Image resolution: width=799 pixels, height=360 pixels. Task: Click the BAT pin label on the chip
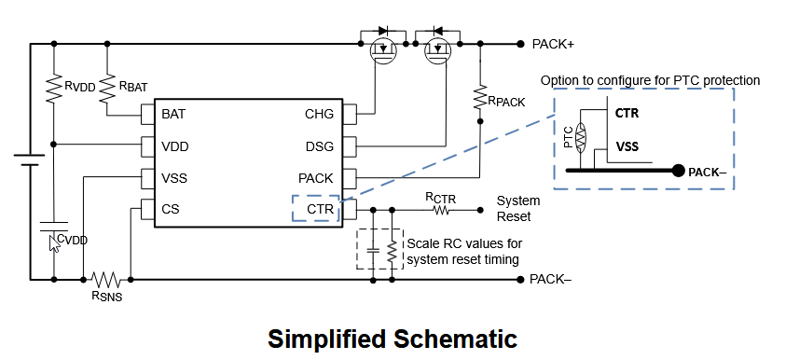173,114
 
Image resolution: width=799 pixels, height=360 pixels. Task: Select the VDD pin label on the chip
174,146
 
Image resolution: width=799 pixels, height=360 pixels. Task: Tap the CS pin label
171,209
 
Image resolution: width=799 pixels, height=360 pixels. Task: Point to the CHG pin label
320,114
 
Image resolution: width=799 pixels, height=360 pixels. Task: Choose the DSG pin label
320,146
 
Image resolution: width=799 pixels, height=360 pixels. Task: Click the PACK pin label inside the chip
316,178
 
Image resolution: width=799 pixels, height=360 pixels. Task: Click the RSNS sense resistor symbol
106,280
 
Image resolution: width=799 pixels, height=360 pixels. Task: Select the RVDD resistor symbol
53,89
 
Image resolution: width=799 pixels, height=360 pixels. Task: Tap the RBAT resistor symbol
107,89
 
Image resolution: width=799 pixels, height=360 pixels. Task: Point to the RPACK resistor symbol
479,97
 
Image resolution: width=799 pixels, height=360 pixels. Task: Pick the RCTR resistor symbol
441,210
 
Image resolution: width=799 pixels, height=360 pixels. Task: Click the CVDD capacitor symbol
53,227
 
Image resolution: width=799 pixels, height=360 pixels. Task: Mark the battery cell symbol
30,159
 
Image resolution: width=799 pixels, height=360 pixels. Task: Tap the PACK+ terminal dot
519,45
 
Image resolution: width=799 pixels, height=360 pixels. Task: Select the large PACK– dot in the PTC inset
678,171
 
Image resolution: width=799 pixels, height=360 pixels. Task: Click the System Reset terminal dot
479,210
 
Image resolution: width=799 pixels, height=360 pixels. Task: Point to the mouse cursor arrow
53,243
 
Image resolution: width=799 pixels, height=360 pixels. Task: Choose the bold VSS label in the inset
627,146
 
